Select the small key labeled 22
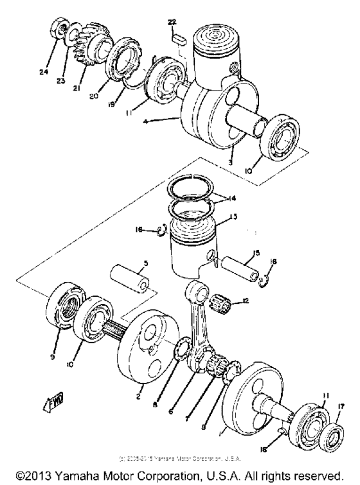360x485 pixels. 178,39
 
